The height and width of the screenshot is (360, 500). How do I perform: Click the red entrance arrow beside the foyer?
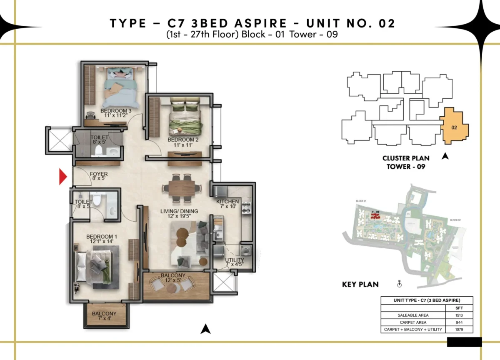(63, 177)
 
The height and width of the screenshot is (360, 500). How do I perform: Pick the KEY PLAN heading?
(360, 285)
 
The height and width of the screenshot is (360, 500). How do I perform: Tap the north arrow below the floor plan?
(204, 330)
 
